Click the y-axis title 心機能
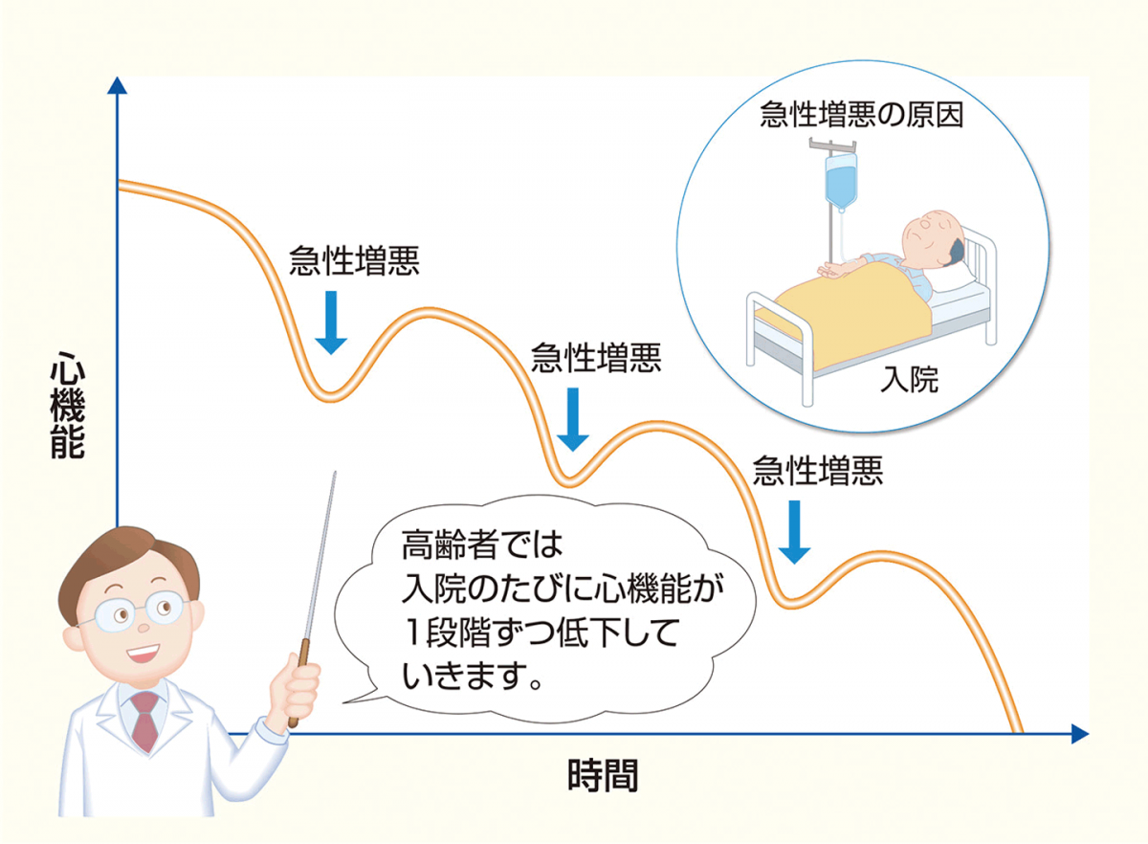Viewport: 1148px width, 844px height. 68,405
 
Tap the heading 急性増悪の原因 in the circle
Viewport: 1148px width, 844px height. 862,114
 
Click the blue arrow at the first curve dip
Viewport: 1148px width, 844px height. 331,322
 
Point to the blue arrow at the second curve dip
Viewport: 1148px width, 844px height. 573,419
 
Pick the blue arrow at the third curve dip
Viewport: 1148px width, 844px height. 794,532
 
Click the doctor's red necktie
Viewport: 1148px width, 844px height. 145,721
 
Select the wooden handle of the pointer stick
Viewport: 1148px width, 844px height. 298,682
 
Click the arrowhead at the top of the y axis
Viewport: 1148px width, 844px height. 118,85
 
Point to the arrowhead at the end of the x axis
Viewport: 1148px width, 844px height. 1080,734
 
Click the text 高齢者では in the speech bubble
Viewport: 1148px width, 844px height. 482,544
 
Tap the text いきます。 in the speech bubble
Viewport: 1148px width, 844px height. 472,677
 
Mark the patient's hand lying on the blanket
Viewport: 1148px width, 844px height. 831,271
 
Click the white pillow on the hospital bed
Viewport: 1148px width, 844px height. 953,277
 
